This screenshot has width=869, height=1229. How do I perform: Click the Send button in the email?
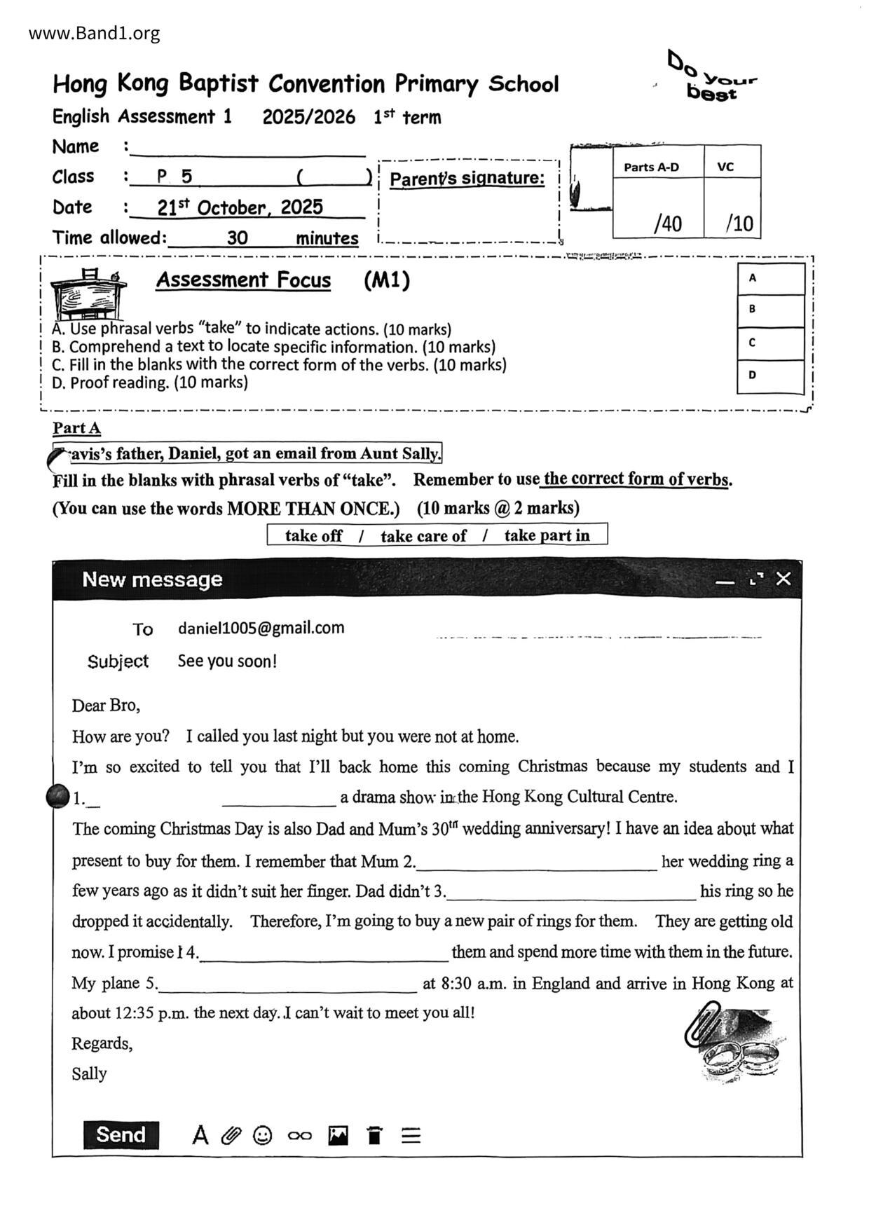pyautogui.click(x=121, y=1135)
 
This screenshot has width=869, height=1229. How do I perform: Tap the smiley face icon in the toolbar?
pyautogui.click(x=262, y=1135)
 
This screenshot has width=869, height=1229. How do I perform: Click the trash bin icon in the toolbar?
pyautogui.click(x=375, y=1135)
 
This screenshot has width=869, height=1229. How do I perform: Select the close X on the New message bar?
pyautogui.click(x=784, y=579)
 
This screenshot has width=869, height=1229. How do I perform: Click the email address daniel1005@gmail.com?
pyautogui.click(x=261, y=628)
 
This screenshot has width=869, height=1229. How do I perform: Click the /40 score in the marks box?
pyautogui.click(x=667, y=224)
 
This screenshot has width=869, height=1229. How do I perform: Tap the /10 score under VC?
pyautogui.click(x=739, y=224)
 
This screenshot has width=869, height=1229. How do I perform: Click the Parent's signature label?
pyautogui.click(x=467, y=179)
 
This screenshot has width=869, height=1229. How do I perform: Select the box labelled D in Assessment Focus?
pyautogui.click(x=770, y=376)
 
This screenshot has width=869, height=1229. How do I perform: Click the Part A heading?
pyautogui.click(x=76, y=428)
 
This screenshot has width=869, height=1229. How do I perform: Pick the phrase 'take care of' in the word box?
pyautogui.click(x=423, y=536)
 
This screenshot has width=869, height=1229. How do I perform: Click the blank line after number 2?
pyautogui.click(x=536, y=862)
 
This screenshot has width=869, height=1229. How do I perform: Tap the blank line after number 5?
pyautogui.click(x=287, y=984)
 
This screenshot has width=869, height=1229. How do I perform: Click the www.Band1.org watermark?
pyautogui.click(x=94, y=33)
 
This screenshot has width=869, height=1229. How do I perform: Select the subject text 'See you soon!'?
pyautogui.click(x=227, y=661)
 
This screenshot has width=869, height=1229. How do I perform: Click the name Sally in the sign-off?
pyautogui.click(x=89, y=1074)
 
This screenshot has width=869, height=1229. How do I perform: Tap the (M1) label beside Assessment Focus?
pyautogui.click(x=386, y=280)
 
